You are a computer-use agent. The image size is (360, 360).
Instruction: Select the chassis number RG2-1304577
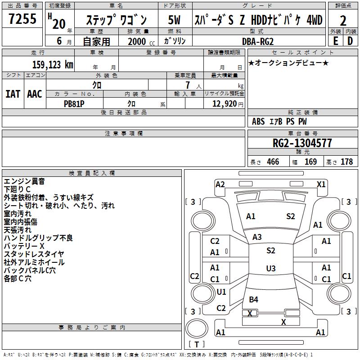303,144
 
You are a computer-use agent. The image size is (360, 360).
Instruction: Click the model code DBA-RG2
257,41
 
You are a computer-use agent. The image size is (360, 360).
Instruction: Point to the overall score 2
343,20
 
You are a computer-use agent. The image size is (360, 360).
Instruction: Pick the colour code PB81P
74,103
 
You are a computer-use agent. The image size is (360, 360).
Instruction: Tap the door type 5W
175,20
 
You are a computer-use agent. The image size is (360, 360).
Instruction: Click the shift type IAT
13,94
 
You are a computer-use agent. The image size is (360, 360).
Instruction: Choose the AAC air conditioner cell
35,94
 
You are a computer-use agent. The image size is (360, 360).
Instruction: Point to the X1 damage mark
321,184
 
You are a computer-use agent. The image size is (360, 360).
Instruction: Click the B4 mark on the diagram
254,299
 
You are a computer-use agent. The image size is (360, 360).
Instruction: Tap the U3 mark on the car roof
270,269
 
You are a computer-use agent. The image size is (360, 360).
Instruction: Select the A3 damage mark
257,237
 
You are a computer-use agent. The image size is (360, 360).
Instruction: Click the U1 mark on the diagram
221,292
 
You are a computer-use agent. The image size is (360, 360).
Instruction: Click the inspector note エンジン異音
24,181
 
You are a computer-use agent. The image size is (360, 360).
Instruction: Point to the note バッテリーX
24,246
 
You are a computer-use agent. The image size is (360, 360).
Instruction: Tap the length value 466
273,162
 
